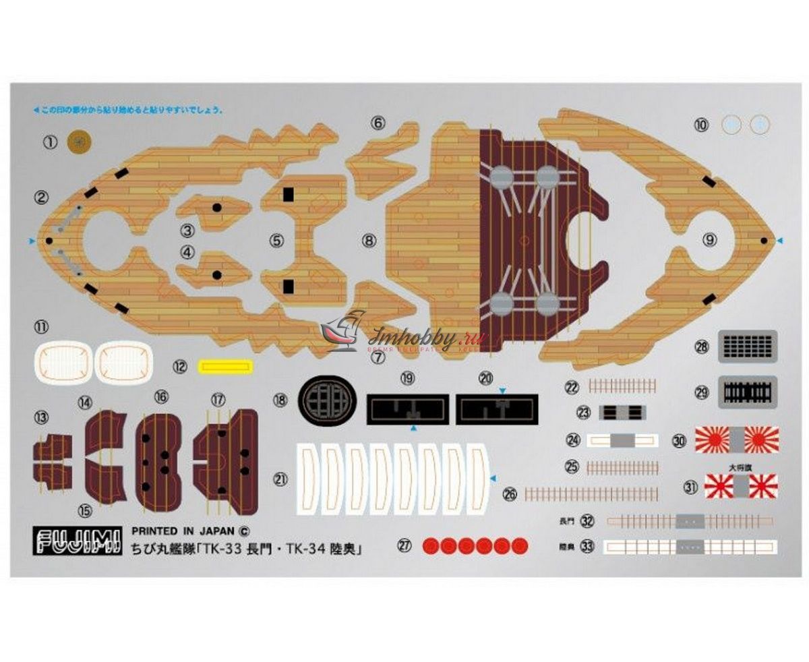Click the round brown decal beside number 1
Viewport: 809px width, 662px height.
pos(80,142)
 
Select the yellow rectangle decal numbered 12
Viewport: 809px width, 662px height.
pos(227,367)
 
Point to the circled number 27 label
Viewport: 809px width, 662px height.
pos(404,546)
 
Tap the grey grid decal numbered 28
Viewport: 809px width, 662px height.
pos(748,347)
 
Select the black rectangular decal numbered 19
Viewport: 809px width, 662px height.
pos(407,410)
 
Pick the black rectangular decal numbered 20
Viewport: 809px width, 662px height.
pos(496,410)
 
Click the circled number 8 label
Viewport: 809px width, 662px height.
pos(368,239)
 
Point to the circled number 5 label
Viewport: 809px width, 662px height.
pos(278,239)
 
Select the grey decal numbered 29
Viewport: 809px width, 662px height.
pos(748,392)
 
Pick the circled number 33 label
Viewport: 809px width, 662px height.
pos(587,547)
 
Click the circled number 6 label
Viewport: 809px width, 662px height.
pos(378,123)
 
